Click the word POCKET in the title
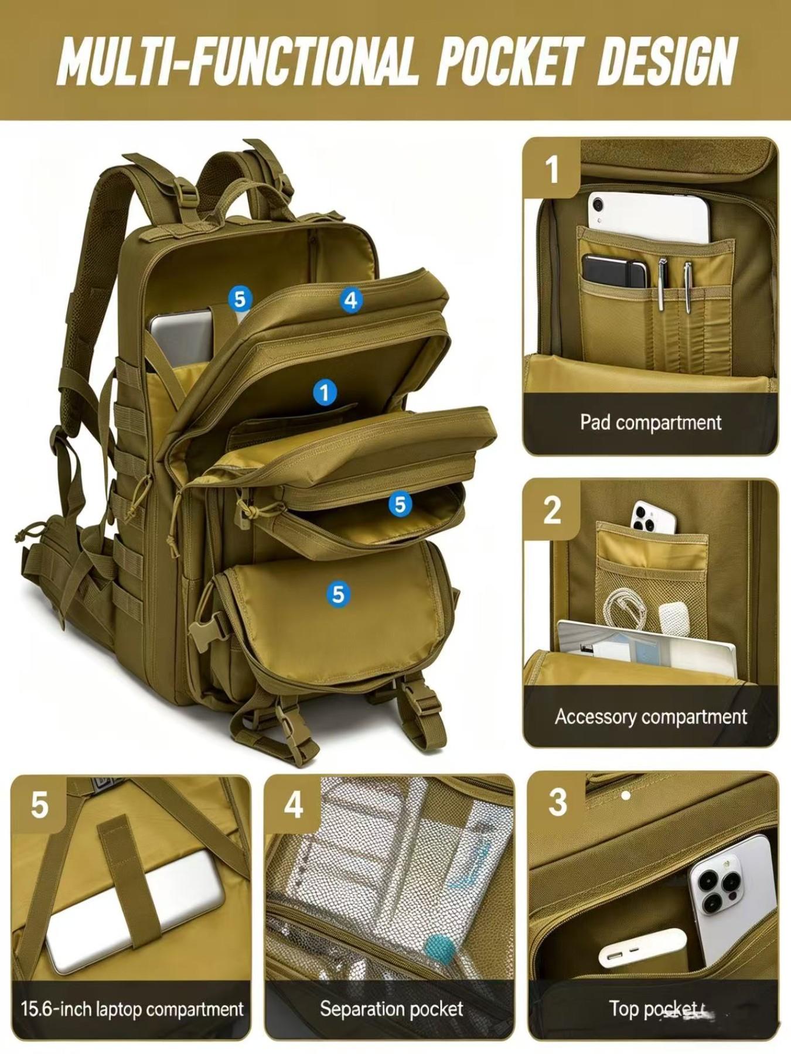[x=510, y=61]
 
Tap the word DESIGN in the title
[x=666, y=61]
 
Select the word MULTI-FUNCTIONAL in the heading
[x=237, y=61]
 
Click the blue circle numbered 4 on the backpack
[x=350, y=300]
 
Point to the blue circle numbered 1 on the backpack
[x=325, y=392]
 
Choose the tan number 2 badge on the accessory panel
[x=552, y=509]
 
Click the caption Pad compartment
[x=650, y=422]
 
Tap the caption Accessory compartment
[x=650, y=717]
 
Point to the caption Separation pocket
[x=391, y=1008]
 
